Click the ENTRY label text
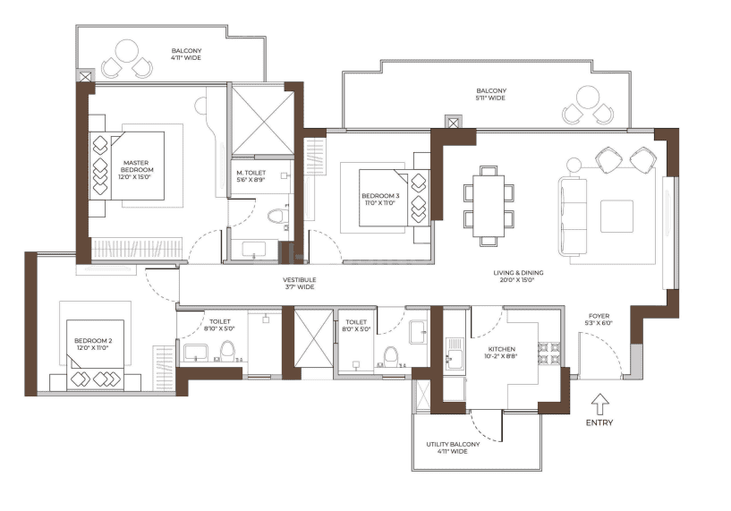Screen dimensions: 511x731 click(x=599, y=422)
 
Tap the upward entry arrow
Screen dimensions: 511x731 click(x=599, y=402)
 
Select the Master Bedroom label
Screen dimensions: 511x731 click(x=139, y=166)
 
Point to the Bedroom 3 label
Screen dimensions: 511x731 click(x=378, y=199)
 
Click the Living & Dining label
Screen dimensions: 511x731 click(x=518, y=277)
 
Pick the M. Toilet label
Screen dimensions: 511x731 click(x=251, y=176)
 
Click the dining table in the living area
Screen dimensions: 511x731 click(x=489, y=205)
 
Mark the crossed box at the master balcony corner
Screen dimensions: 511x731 click(x=85, y=77)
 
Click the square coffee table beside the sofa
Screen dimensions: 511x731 click(x=616, y=215)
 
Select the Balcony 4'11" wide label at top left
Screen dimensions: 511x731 click(x=186, y=55)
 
